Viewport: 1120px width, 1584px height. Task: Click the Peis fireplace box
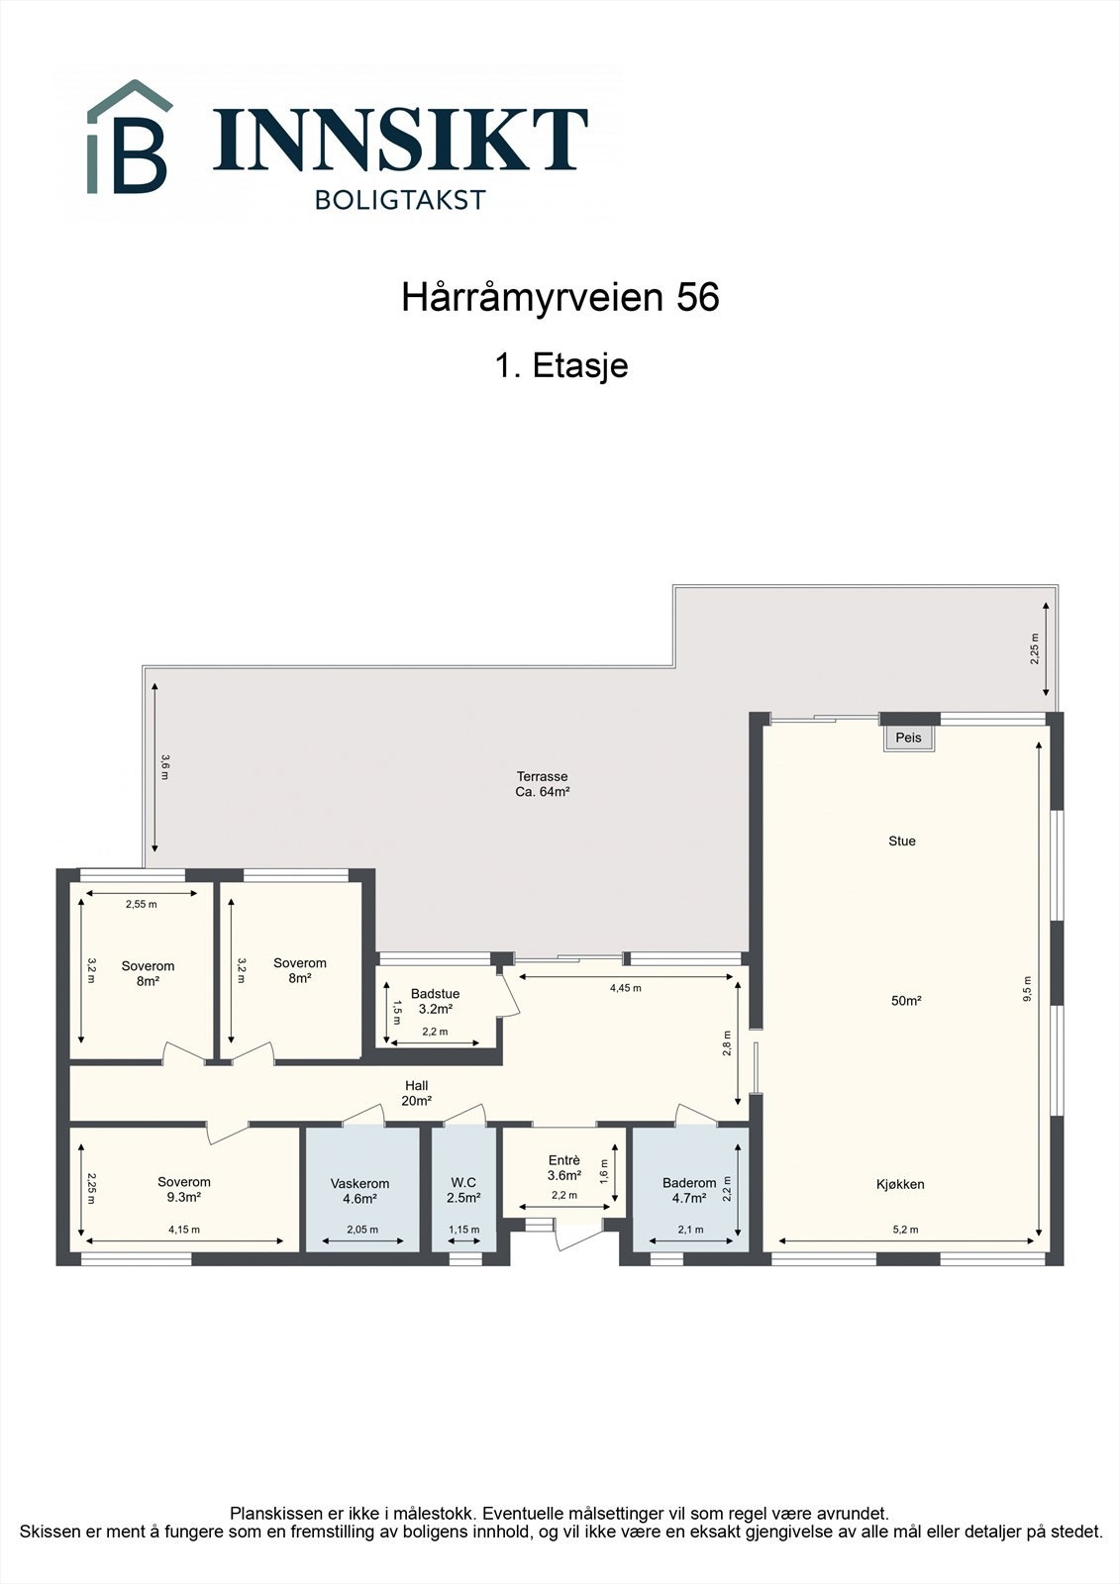click(908, 738)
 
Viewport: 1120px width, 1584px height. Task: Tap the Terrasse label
click(542, 777)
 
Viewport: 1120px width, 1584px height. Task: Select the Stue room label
click(901, 841)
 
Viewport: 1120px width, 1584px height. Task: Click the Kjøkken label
click(900, 1184)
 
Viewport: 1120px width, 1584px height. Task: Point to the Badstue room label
click(435, 995)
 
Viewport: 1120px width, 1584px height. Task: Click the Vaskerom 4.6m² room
click(359, 1191)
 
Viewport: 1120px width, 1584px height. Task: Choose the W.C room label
click(463, 1183)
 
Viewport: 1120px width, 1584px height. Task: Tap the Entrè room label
click(563, 1161)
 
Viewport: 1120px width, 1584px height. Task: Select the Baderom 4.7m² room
click(689, 1190)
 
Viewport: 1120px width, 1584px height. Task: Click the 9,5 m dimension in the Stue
click(1027, 990)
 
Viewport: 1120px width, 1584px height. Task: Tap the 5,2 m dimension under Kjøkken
click(905, 1231)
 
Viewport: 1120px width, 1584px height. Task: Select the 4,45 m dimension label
click(625, 988)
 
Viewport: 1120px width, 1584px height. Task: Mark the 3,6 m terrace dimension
click(165, 767)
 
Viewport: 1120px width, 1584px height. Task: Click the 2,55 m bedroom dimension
click(141, 904)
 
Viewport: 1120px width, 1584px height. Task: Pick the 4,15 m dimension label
click(184, 1231)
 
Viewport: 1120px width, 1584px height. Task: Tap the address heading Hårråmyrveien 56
click(560, 298)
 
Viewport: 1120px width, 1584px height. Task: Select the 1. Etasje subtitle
click(560, 365)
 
